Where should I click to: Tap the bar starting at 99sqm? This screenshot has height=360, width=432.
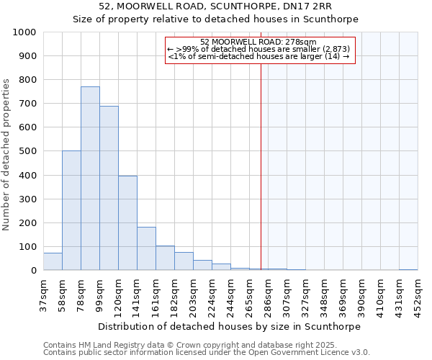(x=109, y=188)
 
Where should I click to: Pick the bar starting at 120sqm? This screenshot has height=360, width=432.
(x=127, y=223)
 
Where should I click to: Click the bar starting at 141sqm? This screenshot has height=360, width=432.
(x=146, y=248)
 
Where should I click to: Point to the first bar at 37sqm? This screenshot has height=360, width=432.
(x=53, y=262)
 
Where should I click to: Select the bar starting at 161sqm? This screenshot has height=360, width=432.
(x=165, y=258)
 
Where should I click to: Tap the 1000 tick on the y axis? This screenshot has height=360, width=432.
(x=24, y=32)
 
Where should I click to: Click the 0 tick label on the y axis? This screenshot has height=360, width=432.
(x=34, y=271)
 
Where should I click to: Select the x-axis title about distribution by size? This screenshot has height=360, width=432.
(x=230, y=326)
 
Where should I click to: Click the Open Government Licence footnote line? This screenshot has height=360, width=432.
(x=207, y=353)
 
